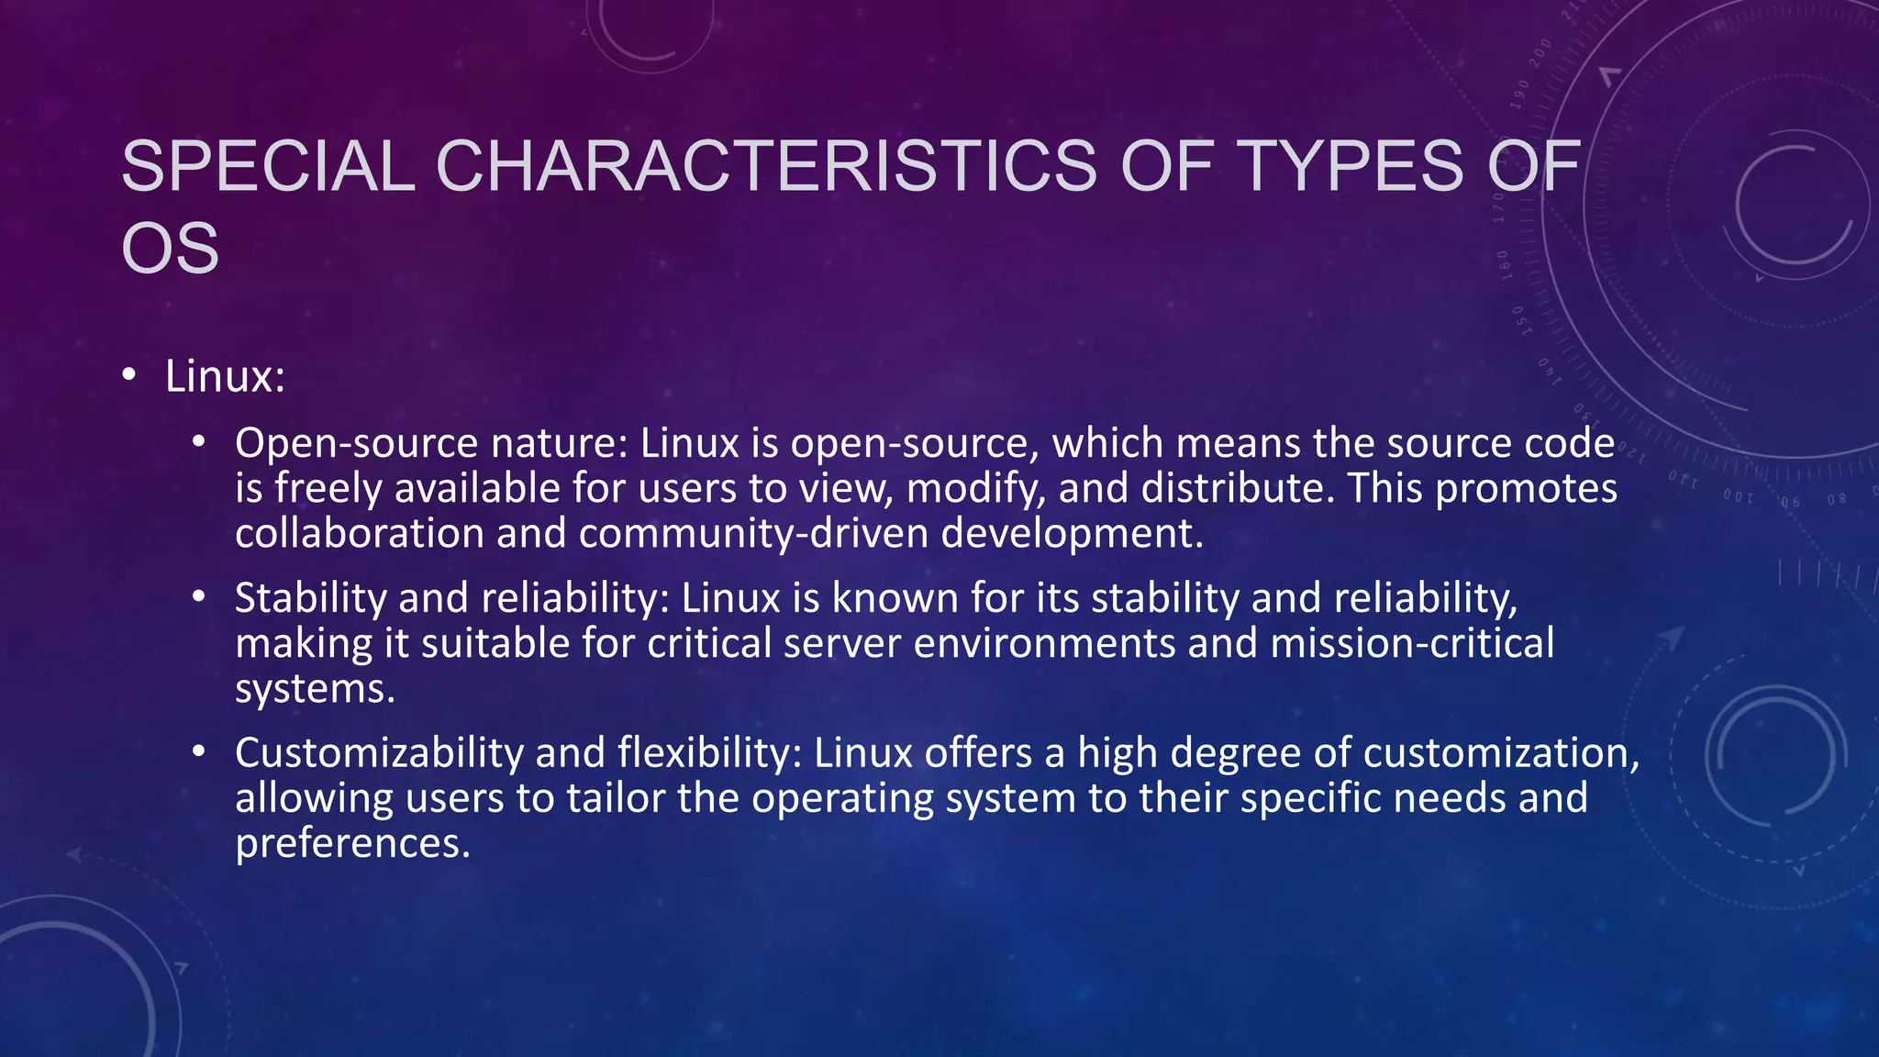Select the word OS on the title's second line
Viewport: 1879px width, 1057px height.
(171, 248)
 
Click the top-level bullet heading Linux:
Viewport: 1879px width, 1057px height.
(225, 376)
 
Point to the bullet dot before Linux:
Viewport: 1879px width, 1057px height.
(129, 374)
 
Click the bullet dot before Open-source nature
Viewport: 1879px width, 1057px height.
(199, 442)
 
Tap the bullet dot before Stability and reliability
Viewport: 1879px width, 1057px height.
(199, 597)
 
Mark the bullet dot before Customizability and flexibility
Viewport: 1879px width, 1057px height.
(199, 752)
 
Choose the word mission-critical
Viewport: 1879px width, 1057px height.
(1412, 643)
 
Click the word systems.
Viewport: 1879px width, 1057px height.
(315, 689)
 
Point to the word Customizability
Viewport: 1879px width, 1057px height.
(379, 753)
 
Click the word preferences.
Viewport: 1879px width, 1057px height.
(352, 843)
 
